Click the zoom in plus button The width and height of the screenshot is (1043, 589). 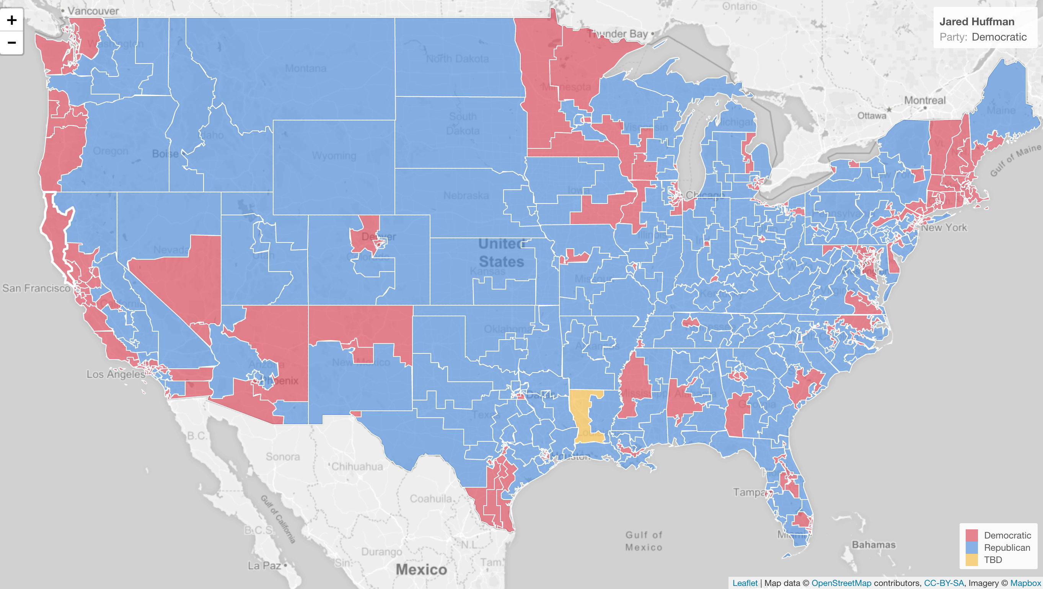point(12,20)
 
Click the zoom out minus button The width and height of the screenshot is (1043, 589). point(12,42)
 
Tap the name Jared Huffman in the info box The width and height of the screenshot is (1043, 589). point(976,21)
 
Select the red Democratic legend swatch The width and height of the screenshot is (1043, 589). point(971,535)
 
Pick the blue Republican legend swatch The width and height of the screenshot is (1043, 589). point(971,548)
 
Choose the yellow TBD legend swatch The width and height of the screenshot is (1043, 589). point(971,560)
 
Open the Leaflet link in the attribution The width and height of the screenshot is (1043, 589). point(745,583)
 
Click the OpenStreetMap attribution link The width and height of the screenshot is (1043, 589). point(841,583)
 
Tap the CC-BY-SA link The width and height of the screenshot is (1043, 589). point(944,583)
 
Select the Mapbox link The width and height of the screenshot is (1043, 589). point(1025,583)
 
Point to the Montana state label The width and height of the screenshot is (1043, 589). point(305,68)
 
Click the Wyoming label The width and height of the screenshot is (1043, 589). point(334,156)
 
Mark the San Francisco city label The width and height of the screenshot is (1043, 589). point(36,288)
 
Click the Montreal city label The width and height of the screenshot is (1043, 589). point(925,100)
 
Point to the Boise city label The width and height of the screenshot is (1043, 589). point(165,154)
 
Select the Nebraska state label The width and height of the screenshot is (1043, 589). point(466,195)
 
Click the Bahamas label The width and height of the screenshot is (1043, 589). point(874,545)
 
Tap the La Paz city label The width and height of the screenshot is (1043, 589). point(264,565)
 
